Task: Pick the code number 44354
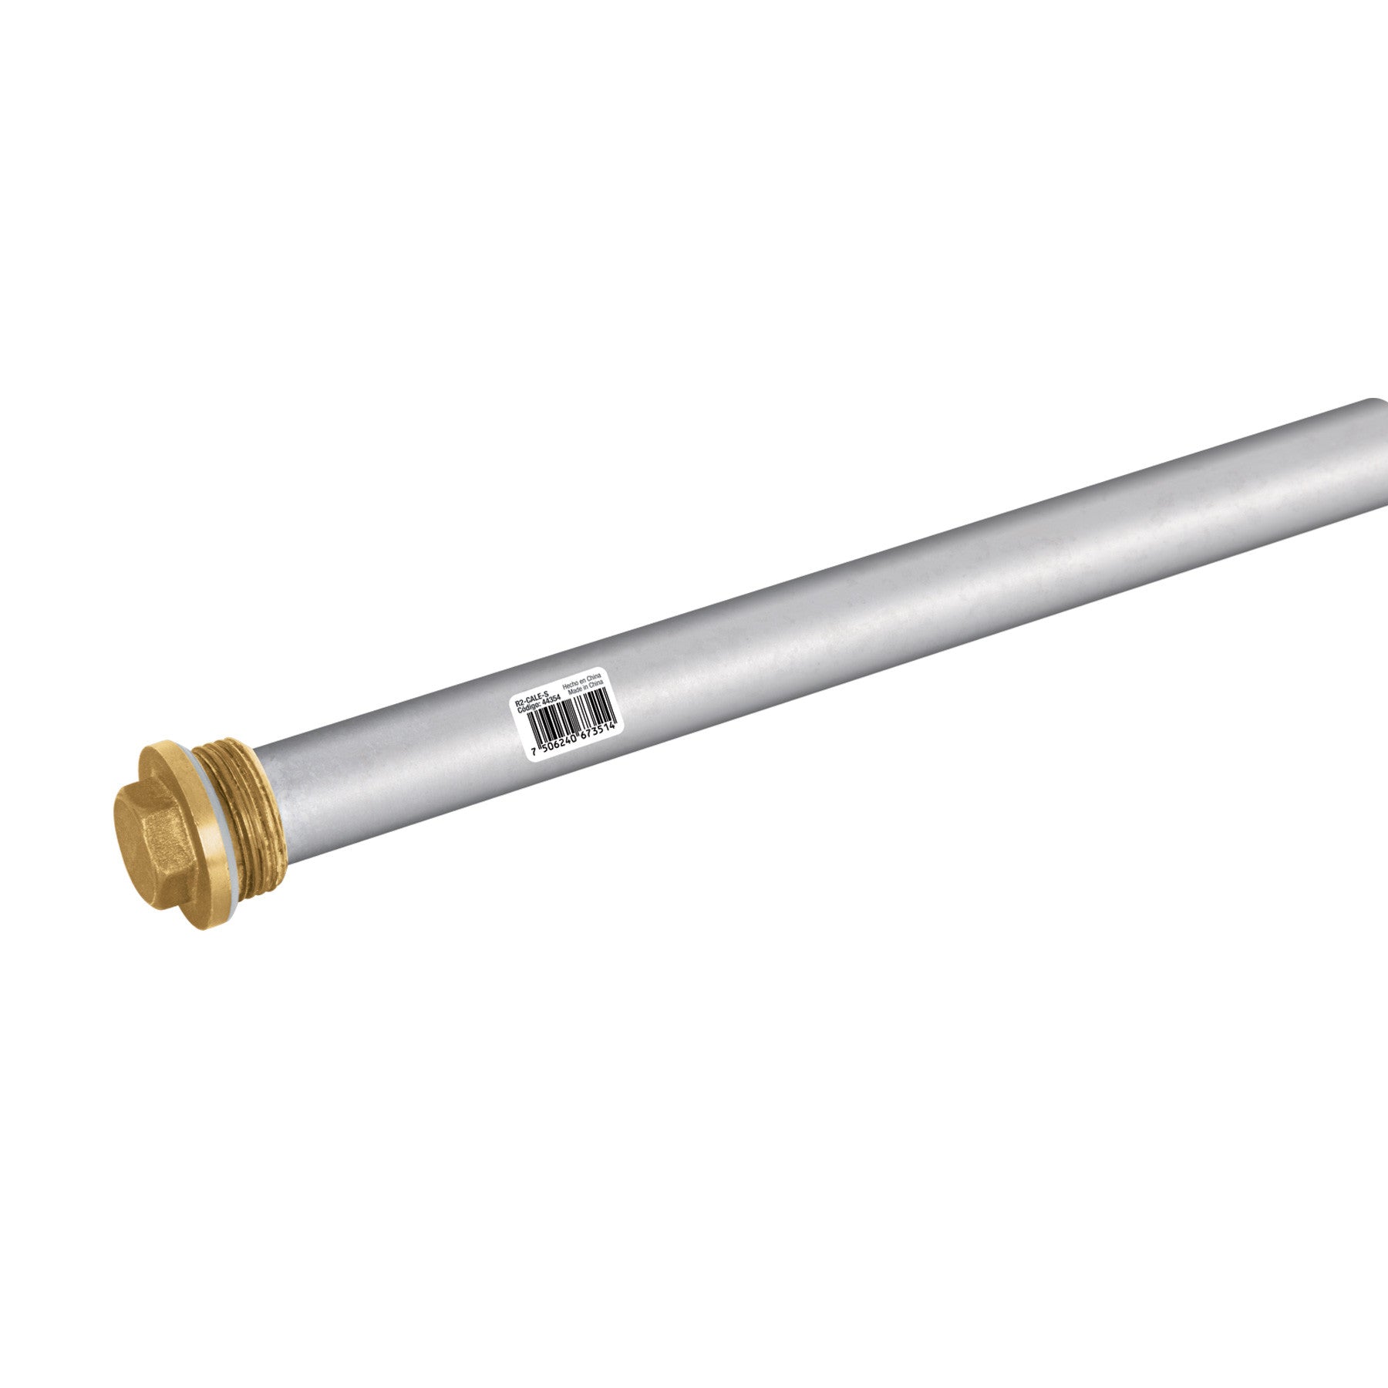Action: pyautogui.click(x=551, y=702)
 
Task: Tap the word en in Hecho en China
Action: pyautogui.click(x=582, y=682)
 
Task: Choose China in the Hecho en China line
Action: pyautogui.click(x=593, y=678)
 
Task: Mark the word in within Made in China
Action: pyautogui.click(x=586, y=688)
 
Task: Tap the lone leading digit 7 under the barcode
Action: pyautogui.click(x=534, y=752)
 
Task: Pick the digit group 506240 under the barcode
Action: pyautogui.click(x=559, y=744)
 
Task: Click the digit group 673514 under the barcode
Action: pyautogui.click(x=598, y=733)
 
